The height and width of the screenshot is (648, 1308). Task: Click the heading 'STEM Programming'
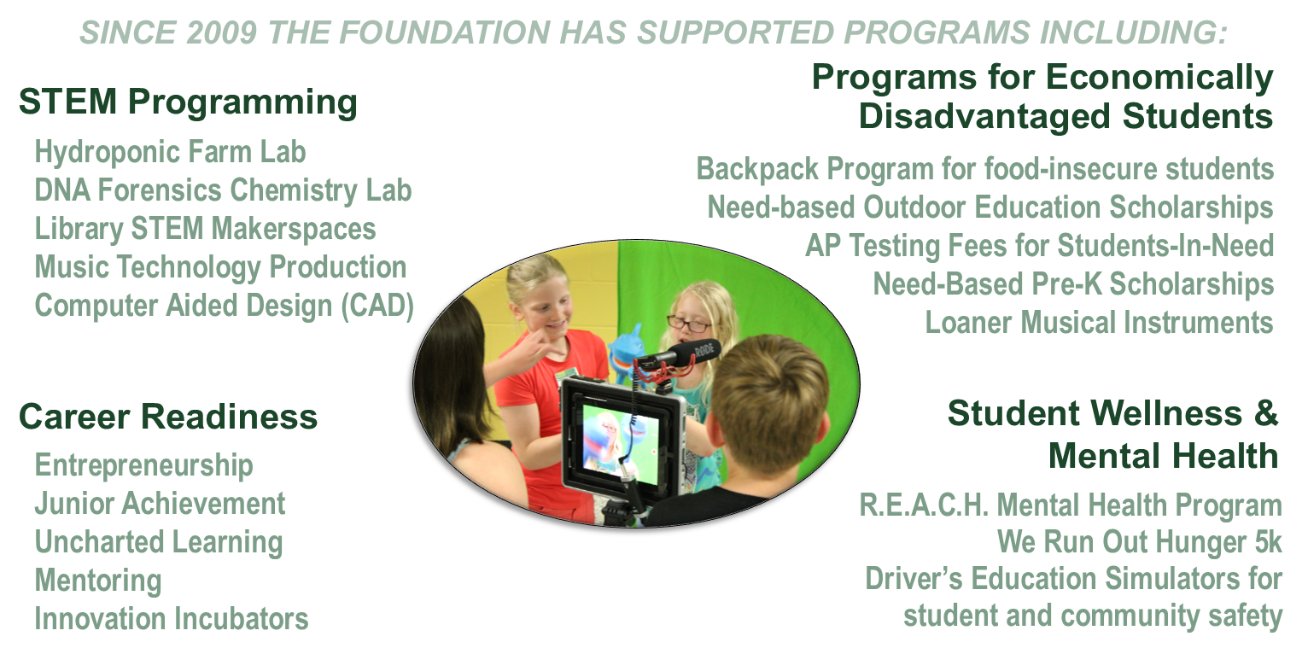[x=188, y=103]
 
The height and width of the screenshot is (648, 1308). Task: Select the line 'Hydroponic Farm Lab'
[x=170, y=153]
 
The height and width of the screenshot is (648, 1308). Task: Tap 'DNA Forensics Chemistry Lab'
[x=223, y=191]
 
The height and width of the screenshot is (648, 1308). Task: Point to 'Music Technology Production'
[x=221, y=268]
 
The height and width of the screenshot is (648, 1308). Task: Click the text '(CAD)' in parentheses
[x=377, y=306]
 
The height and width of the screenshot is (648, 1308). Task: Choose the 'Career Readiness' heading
[x=168, y=417]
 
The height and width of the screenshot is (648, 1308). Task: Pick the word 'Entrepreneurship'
[x=143, y=466]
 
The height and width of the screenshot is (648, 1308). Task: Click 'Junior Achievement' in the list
[x=160, y=504]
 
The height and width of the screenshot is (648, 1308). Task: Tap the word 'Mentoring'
[x=98, y=581]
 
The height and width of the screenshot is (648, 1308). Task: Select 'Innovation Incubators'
[x=171, y=618]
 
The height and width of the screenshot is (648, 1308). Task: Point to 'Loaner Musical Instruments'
[x=1099, y=322]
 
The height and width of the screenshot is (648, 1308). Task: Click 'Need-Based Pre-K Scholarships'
[x=1073, y=284]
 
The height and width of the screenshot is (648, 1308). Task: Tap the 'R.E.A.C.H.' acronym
[x=924, y=505]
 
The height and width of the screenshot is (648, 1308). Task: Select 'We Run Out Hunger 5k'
[x=1139, y=542]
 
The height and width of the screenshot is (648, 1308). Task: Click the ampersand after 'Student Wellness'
[x=1265, y=413]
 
